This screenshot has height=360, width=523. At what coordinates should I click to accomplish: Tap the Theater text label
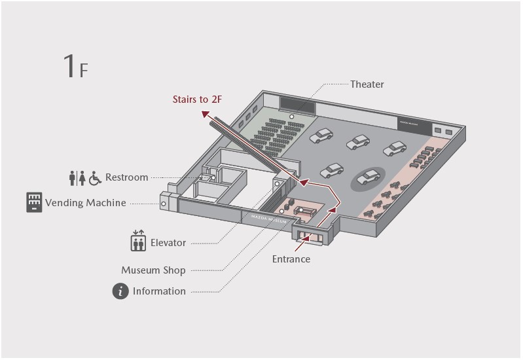(367, 84)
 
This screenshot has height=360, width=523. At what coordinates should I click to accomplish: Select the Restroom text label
(126, 177)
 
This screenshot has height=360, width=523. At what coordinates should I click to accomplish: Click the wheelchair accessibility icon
(96, 177)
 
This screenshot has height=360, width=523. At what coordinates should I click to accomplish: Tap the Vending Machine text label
(85, 203)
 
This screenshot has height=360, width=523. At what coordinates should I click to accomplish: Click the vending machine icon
(33, 202)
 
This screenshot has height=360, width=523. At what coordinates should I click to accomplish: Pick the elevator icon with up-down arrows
(137, 242)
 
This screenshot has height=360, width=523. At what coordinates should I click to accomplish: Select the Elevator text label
(168, 243)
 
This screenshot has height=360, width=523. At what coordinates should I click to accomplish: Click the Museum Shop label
(153, 270)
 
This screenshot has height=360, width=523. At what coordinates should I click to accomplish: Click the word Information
(159, 291)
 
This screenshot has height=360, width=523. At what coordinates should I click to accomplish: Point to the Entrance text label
(291, 259)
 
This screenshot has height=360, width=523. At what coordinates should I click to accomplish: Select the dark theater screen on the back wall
(298, 104)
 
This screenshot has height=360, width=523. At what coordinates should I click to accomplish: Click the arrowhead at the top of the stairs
(205, 114)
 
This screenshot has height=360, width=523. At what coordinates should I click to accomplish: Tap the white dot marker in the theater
(292, 117)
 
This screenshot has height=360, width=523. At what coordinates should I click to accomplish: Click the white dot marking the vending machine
(163, 204)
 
